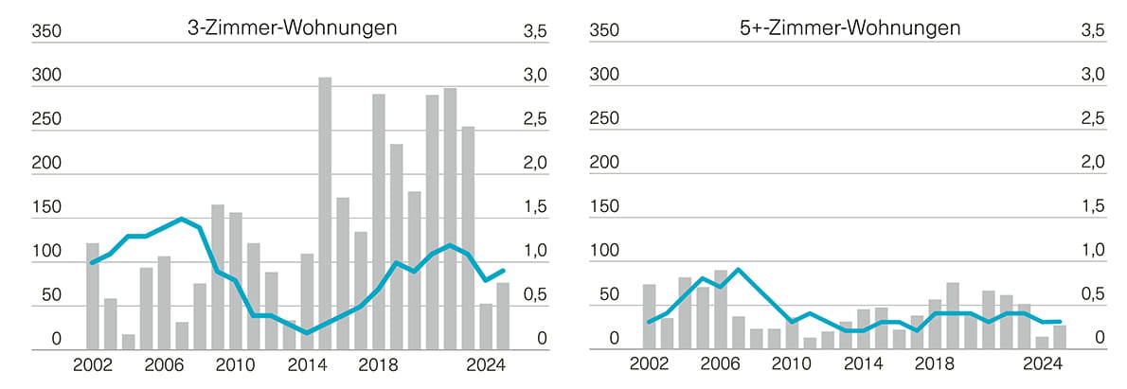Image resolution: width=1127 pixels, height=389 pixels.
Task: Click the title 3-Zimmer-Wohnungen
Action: (292, 27)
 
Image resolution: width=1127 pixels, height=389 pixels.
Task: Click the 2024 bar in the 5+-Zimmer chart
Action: (1043, 343)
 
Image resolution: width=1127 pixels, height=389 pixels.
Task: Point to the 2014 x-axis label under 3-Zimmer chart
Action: (307, 365)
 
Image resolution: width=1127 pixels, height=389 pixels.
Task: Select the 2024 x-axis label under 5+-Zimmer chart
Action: (1043, 365)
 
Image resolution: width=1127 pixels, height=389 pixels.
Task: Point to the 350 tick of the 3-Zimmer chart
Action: (46, 31)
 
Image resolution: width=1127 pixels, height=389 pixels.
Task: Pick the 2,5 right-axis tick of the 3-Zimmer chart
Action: (536, 119)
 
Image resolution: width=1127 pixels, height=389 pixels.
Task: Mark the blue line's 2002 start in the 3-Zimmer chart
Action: (93, 262)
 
